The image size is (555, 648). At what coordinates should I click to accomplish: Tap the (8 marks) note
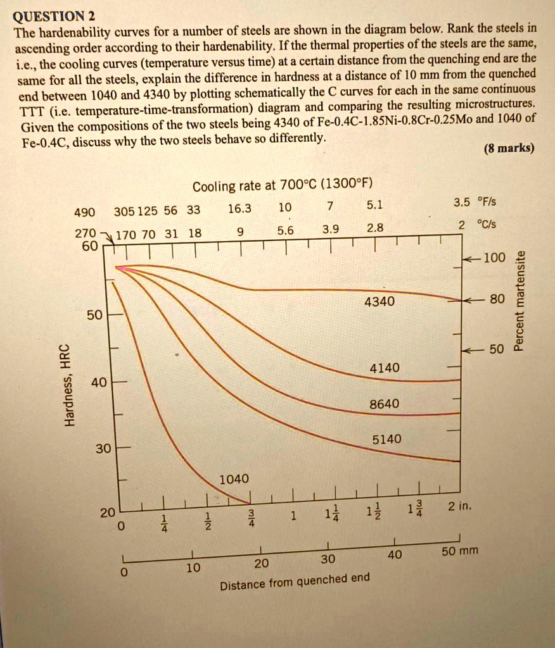pyautogui.click(x=509, y=149)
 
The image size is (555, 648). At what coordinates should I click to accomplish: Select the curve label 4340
pyautogui.click(x=380, y=302)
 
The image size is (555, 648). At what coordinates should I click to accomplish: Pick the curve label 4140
pyautogui.click(x=385, y=368)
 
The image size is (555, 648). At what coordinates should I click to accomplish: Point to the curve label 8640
pyautogui.click(x=385, y=403)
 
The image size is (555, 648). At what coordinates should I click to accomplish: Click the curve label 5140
pyautogui.click(x=386, y=439)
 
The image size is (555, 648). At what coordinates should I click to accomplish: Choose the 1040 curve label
pyautogui.click(x=234, y=479)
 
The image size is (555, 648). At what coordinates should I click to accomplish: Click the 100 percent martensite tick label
pyautogui.click(x=494, y=258)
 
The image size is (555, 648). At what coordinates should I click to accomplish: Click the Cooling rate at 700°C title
pyautogui.click(x=283, y=185)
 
